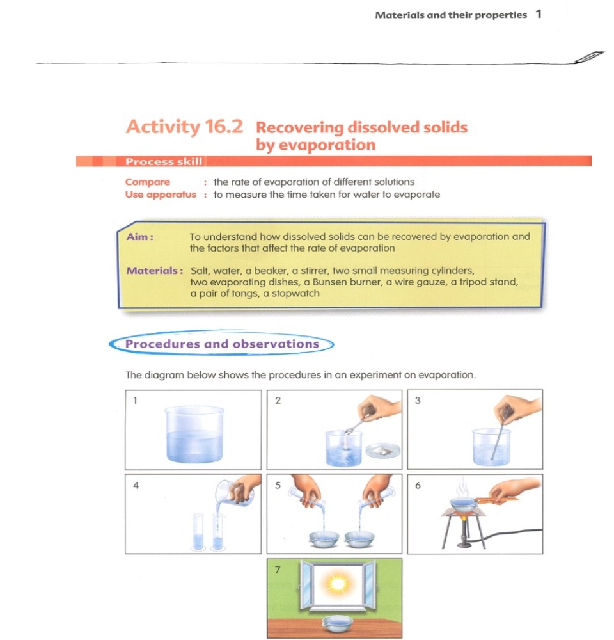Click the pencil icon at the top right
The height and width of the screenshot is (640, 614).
coord(589,56)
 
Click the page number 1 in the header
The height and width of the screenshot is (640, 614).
coord(539,14)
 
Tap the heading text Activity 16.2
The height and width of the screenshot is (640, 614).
coord(184,126)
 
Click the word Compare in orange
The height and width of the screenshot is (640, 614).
coord(148,182)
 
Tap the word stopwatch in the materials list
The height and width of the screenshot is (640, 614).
coord(295,294)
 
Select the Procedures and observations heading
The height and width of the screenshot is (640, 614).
coord(222,344)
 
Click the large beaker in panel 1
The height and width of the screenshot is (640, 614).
coord(194,434)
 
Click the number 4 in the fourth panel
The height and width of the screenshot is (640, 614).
coord(136,485)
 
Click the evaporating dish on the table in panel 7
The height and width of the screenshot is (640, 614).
coord(335,623)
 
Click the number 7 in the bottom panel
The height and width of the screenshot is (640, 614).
coord(278,569)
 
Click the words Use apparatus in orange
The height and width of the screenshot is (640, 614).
coord(161,195)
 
